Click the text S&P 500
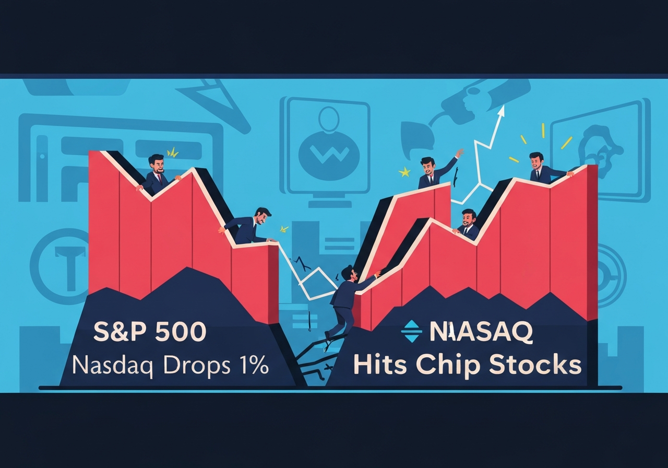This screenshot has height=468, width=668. point(150,333)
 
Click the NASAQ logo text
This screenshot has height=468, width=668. point(481,332)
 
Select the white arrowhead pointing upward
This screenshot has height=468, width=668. point(502,109)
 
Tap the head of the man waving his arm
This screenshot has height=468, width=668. point(427,165)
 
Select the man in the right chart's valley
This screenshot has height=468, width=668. point(469,225)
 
